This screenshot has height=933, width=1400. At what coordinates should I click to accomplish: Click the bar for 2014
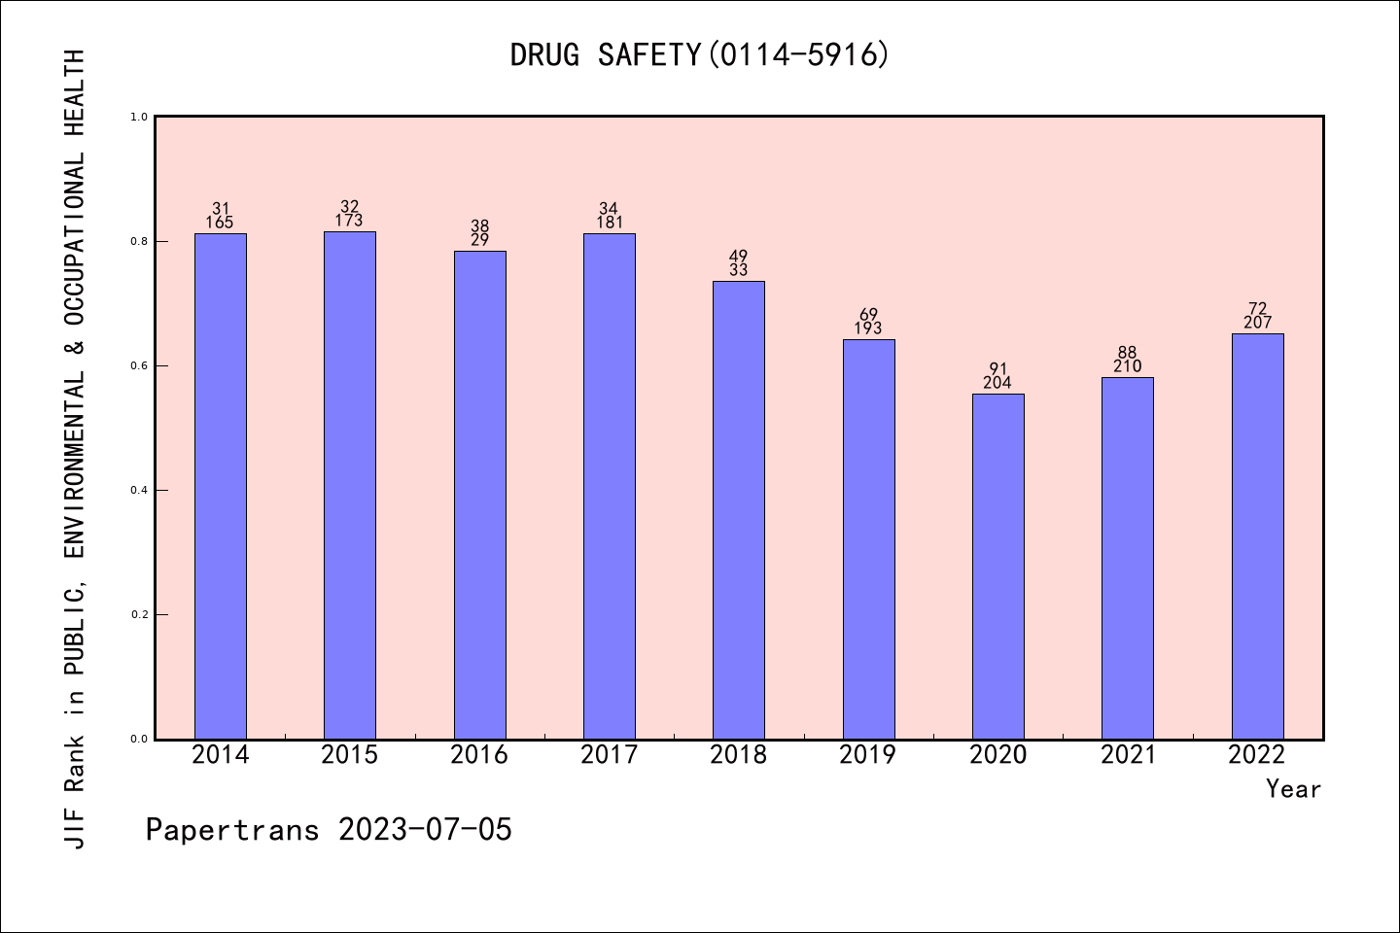click(x=221, y=486)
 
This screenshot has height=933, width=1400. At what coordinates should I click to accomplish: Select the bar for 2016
click(x=479, y=496)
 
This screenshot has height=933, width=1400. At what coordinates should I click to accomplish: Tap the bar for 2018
click(x=739, y=510)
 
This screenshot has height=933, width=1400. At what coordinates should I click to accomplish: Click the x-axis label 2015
click(x=350, y=755)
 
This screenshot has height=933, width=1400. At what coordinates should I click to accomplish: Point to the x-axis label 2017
click(x=609, y=755)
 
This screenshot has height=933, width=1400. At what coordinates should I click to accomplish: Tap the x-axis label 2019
click(x=868, y=755)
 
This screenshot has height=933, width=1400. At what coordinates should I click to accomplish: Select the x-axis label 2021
click(x=1128, y=755)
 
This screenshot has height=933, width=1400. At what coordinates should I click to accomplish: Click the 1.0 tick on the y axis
click(x=139, y=117)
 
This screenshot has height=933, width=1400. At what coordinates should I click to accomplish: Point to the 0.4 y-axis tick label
click(x=139, y=490)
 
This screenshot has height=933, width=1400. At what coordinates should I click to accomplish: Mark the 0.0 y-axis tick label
click(x=139, y=739)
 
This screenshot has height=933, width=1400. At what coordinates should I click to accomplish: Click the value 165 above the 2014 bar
click(x=220, y=223)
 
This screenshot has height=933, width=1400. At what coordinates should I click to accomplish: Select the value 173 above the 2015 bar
click(x=350, y=221)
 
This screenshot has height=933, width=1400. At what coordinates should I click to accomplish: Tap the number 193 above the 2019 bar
click(x=868, y=328)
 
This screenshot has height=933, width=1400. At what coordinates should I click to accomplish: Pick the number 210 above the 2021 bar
click(x=1128, y=366)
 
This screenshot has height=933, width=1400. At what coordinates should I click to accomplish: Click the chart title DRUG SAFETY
click(x=605, y=55)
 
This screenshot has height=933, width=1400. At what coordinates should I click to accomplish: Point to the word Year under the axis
click(x=1293, y=789)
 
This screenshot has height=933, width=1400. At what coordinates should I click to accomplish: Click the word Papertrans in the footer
click(x=232, y=830)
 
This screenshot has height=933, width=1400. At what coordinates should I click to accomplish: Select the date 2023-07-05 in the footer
click(x=425, y=830)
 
